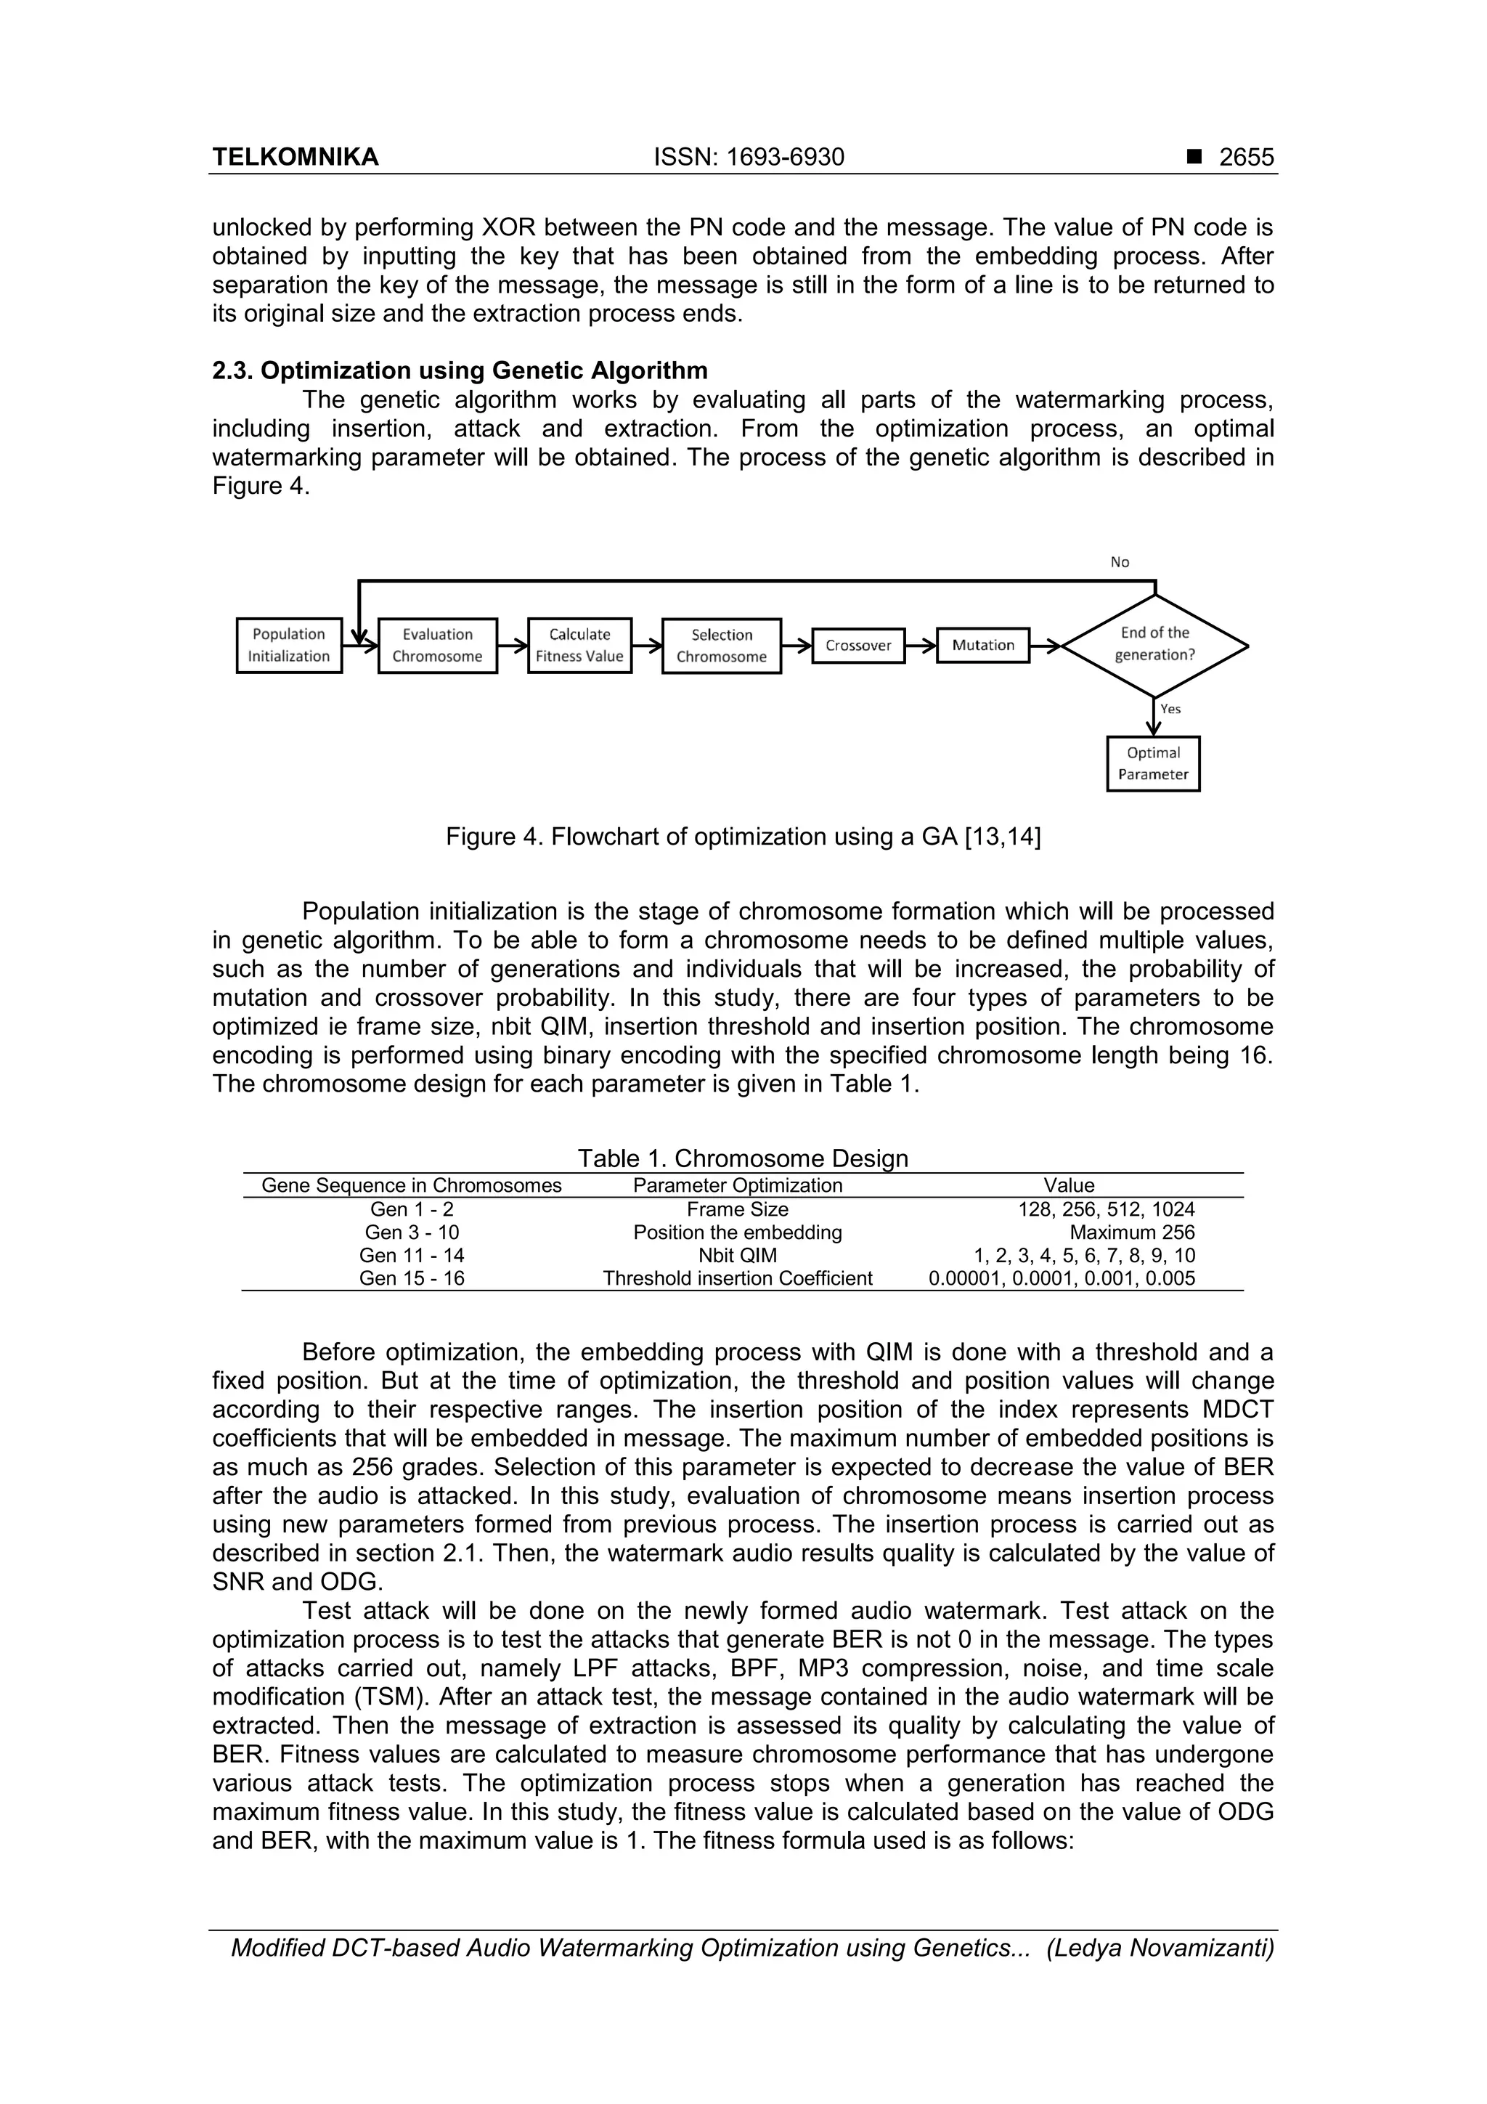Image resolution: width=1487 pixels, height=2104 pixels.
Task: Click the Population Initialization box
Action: [288, 645]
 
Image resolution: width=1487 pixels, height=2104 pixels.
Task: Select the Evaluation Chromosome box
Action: [437, 645]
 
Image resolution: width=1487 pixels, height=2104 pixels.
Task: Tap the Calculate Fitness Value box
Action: [579, 645]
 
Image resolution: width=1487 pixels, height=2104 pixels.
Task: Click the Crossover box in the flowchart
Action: [857, 645]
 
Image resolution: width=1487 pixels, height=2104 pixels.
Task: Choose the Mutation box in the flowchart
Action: [982, 645]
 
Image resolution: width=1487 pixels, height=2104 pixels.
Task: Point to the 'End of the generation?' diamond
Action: [1154, 644]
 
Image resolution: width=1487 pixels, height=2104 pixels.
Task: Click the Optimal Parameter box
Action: [1152, 763]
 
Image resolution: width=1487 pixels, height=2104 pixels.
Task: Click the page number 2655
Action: [1246, 158]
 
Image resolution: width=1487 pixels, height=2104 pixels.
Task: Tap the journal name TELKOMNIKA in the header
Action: [295, 158]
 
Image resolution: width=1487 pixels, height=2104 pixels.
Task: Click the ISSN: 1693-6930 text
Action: [749, 158]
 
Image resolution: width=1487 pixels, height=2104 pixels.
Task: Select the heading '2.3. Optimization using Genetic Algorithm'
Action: [460, 371]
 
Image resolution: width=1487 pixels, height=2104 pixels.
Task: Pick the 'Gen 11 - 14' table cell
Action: [412, 1256]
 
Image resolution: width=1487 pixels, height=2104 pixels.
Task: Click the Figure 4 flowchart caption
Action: [743, 837]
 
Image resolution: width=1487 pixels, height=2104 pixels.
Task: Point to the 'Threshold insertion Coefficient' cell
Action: [738, 1278]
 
